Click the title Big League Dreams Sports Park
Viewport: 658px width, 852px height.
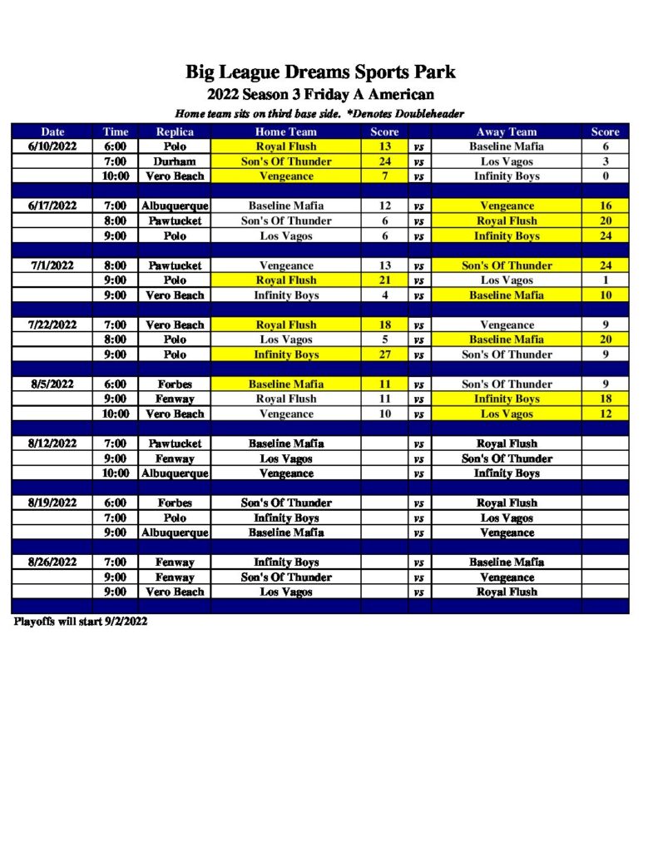click(x=320, y=72)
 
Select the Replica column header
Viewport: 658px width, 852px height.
click(x=175, y=131)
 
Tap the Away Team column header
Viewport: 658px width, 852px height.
click(x=507, y=131)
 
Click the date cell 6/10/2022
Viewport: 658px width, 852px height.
click(x=52, y=146)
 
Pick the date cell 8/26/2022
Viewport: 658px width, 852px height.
click(x=52, y=562)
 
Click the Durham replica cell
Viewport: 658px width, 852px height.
click(x=175, y=161)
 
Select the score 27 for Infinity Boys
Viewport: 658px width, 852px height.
click(x=384, y=354)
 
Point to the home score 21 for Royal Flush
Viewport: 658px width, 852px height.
click(x=384, y=280)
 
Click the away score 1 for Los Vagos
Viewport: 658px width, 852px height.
click(x=606, y=280)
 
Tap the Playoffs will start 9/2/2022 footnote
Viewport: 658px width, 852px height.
click(x=80, y=622)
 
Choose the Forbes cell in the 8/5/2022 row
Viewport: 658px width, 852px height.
click(x=175, y=384)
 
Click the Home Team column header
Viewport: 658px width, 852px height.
click(x=285, y=131)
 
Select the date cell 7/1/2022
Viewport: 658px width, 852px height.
click(x=52, y=265)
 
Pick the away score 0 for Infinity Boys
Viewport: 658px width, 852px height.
click(x=606, y=176)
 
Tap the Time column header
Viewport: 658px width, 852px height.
click(x=116, y=131)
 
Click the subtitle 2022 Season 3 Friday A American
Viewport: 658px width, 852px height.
click(x=320, y=95)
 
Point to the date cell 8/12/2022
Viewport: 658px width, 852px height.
click(x=52, y=443)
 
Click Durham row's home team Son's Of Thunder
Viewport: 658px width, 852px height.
click(x=285, y=161)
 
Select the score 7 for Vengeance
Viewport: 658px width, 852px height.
click(x=384, y=176)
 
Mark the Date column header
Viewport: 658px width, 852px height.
click(x=52, y=131)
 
